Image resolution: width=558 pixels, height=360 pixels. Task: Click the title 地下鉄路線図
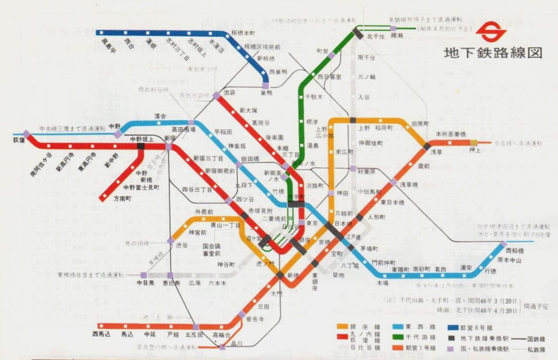click(493, 53)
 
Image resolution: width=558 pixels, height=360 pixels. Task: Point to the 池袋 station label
click(229, 93)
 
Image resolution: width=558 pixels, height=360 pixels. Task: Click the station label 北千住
click(375, 36)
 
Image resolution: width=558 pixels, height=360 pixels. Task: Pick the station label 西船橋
click(515, 251)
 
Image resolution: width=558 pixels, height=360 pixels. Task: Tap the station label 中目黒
click(146, 283)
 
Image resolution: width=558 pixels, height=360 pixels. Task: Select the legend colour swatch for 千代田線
click(398, 337)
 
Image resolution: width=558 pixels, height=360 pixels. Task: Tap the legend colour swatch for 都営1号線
click(398, 347)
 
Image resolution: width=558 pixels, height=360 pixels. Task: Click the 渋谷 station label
click(181, 245)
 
